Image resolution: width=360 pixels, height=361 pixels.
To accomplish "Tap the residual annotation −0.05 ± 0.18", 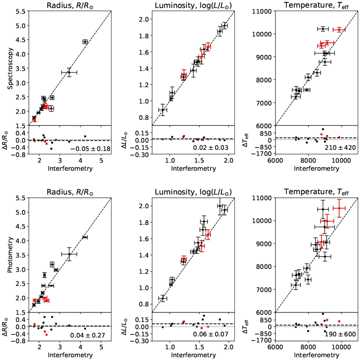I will pyautogui.click(x=90, y=149).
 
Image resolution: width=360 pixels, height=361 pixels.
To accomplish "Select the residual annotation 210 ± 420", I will pyautogui.click(x=340, y=148).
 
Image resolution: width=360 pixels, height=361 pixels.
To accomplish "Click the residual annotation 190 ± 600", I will pyautogui.click(x=340, y=334).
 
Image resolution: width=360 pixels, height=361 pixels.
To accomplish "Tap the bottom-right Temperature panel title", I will pyautogui.click(x=316, y=192).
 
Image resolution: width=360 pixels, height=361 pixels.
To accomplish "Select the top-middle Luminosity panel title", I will pyautogui.click(x=193, y=5).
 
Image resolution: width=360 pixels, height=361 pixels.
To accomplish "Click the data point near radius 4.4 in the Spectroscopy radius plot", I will pyautogui.click(x=85, y=42).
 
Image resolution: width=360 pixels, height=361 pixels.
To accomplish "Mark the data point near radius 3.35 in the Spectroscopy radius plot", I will pyautogui.click(x=69, y=72).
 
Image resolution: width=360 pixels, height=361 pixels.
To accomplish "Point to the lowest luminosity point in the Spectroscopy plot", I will pyautogui.click(x=163, y=110).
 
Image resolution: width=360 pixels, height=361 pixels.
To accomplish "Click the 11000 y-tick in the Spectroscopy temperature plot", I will pyautogui.click(x=263, y=11).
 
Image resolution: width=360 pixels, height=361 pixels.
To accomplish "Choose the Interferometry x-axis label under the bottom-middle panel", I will pyautogui.click(x=193, y=355).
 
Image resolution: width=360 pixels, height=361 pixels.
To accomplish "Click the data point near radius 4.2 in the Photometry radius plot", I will pyautogui.click(x=85, y=237).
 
